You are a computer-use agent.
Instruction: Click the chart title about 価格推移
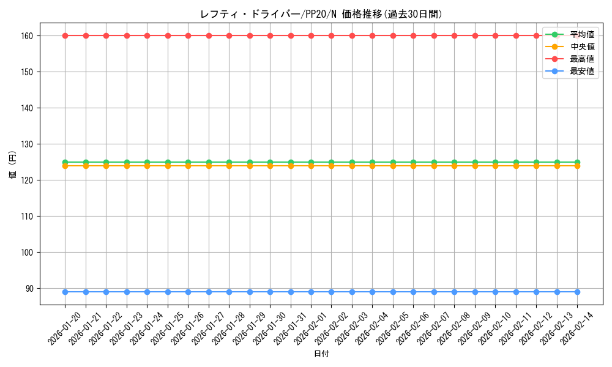pyautogui.click(x=321, y=14)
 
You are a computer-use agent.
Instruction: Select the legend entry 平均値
pyautogui.click(x=581, y=34)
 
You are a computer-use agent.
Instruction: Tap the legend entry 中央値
pyautogui.click(x=581, y=46)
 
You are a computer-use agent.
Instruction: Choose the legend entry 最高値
pyautogui.click(x=581, y=59)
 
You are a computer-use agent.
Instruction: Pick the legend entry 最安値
pyautogui.click(x=581, y=71)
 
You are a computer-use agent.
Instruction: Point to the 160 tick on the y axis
pyautogui.click(x=29, y=35)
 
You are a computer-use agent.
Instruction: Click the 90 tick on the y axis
pyautogui.click(x=31, y=288)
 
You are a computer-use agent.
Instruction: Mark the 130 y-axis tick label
pyautogui.click(x=29, y=144)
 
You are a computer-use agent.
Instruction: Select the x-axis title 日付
pyautogui.click(x=321, y=354)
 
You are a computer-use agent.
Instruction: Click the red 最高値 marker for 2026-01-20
pyautogui.click(x=65, y=35)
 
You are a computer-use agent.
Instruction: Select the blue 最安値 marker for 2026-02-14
pyautogui.click(x=577, y=292)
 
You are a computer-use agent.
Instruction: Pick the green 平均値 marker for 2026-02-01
pyautogui.click(x=311, y=162)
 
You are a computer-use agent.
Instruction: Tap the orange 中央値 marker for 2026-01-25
pyautogui.click(x=168, y=166)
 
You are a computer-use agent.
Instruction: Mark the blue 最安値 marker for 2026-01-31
pyautogui.click(x=291, y=292)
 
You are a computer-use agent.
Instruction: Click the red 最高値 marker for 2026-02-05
pyautogui.click(x=393, y=35)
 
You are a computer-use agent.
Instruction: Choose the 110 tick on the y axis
pyautogui.click(x=29, y=216)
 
